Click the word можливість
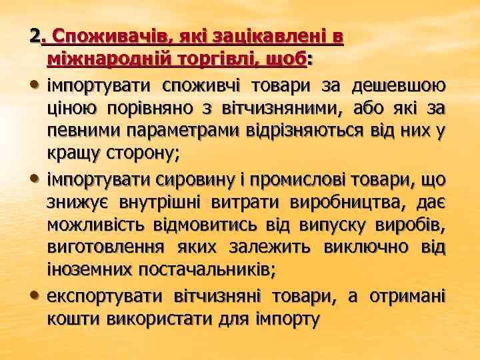97,225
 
